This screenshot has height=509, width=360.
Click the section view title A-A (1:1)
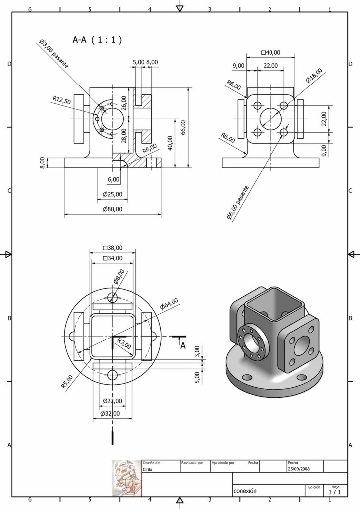[x=97, y=40]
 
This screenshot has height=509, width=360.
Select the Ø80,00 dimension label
[x=113, y=209]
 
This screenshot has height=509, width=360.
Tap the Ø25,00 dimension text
[x=112, y=194]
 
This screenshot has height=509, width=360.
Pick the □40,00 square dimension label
[x=270, y=53]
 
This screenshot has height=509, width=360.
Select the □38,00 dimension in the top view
[x=112, y=247]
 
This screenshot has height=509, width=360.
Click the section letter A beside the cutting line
[x=182, y=346]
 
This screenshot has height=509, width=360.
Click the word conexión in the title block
[x=245, y=490]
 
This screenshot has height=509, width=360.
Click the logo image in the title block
[x=127, y=477]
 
